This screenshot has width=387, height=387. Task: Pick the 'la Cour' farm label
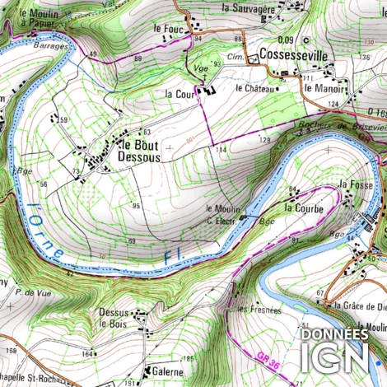click(x=179, y=94)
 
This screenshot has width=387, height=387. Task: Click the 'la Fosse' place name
click(x=357, y=184)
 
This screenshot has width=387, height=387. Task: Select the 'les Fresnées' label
click(x=259, y=310)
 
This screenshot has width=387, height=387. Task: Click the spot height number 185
click(x=188, y=359)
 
